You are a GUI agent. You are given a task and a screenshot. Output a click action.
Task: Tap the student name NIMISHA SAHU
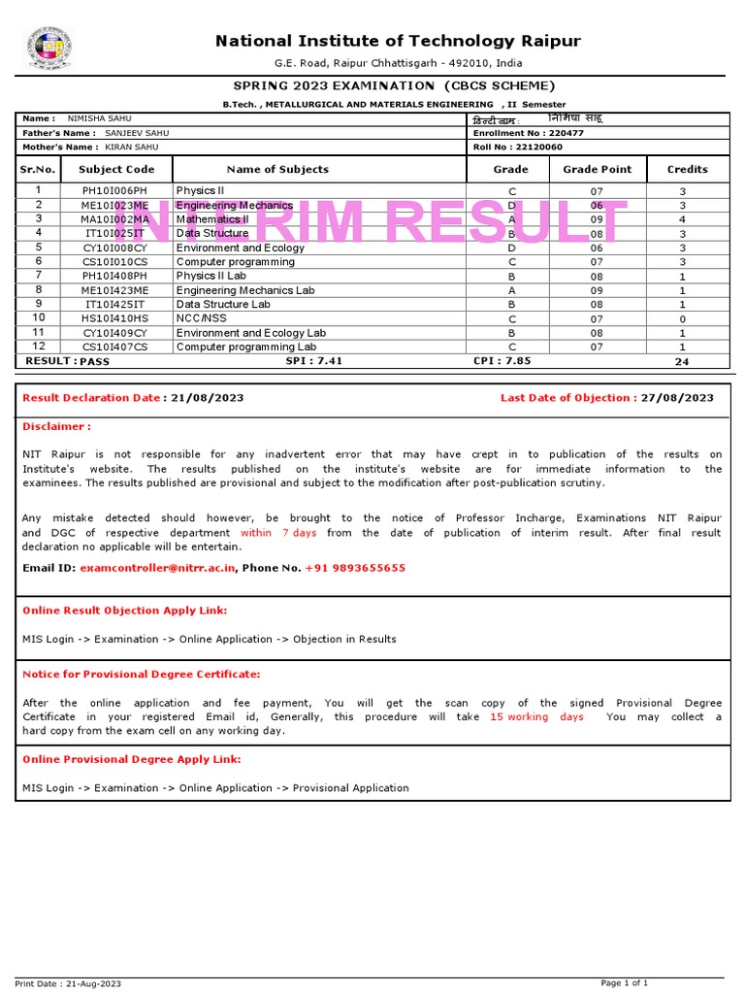coord(100,118)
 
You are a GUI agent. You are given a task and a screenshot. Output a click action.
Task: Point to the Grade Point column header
coord(597,169)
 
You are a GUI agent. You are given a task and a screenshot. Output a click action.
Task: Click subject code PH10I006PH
coord(116,191)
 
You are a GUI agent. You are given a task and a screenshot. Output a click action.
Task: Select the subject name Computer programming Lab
coord(246,347)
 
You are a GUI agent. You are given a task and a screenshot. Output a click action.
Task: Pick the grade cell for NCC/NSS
coord(511,318)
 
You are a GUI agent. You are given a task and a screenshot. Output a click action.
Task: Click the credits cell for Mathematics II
coord(682,219)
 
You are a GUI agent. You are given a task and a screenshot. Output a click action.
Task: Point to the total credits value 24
coord(682,361)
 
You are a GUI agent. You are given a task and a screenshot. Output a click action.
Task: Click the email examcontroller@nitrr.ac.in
coord(157,568)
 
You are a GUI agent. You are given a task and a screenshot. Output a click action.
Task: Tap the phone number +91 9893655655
coord(355,568)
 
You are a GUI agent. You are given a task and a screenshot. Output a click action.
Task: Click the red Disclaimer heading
coord(56,426)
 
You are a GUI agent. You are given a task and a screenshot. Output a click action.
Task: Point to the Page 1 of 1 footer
coord(625,983)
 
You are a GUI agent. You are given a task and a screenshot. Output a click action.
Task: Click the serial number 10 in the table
coord(39,317)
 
